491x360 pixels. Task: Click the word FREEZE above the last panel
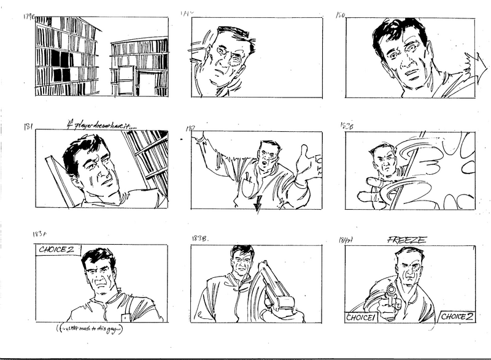pyautogui.click(x=406, y=240)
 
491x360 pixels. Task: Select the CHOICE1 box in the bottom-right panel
pyautogui.click(x=361, y=317)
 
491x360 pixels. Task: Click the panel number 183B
pyautogui.click(x=201, y=238)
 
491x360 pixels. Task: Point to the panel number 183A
pyautogui.click(x=42, y=235)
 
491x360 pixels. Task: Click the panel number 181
pyautogui.click(x=28, y=127)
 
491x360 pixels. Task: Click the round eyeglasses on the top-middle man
pyautogui.click(x=226, y=58)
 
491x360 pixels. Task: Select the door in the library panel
pyautogui.click(x=125, y=80)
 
